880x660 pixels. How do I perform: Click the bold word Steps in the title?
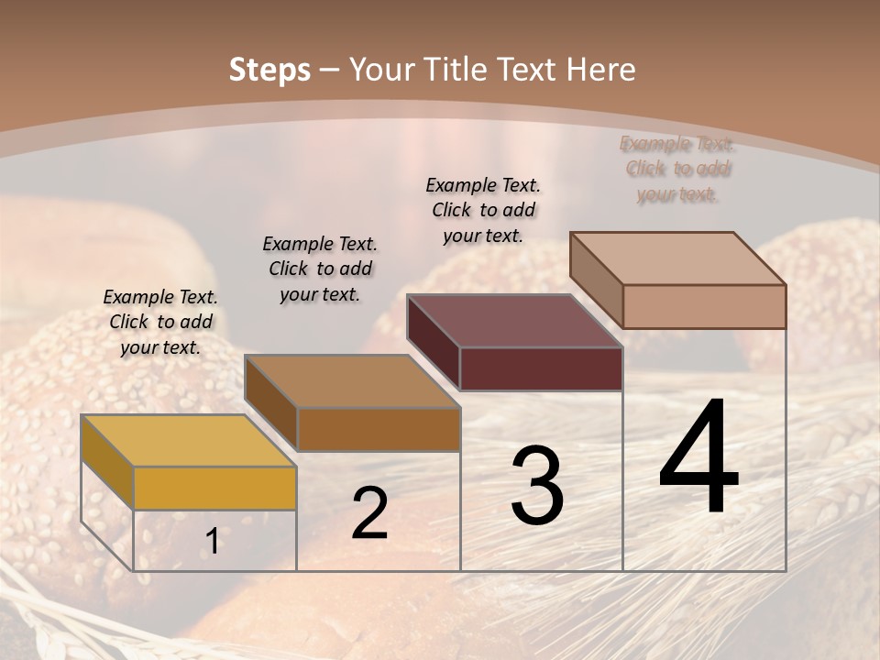(269, 70)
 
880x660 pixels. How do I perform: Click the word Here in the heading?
(602, 70)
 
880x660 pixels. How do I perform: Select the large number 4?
(698, 458)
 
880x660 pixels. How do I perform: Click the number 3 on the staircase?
(537, 486)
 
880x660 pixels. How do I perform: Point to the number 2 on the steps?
(369, 513)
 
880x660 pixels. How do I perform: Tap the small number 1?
(213, 542)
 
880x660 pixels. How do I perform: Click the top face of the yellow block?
(188, 440)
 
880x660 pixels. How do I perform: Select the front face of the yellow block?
(214, 488)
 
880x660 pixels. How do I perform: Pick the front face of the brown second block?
(379, 429)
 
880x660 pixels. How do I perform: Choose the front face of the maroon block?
(541, 368)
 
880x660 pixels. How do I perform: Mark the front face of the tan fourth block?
(704, 306)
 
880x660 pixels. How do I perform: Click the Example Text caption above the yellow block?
(160, 322)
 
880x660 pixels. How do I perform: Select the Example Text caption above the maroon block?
(483, 210)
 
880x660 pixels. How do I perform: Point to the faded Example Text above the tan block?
(676, 169)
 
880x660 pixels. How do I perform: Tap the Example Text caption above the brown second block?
(320, 269)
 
